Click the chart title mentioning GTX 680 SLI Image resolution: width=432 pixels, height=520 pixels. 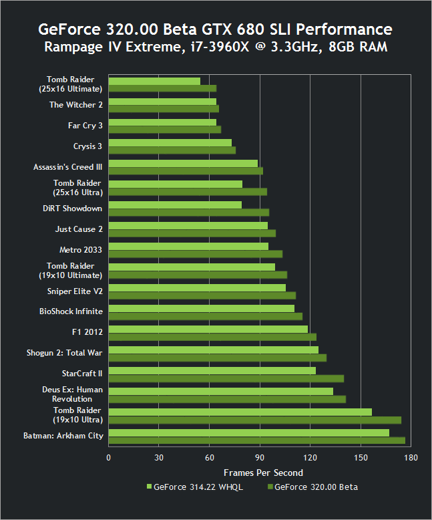(216, 29)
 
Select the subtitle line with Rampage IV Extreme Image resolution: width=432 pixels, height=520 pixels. (216, 47)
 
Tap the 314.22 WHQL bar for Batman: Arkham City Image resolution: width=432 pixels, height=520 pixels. (248, 433)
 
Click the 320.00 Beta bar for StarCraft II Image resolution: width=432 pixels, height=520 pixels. (226, 378)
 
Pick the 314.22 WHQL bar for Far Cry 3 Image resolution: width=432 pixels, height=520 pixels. (162, 122)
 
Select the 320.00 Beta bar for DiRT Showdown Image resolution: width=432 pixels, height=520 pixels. (188, 213)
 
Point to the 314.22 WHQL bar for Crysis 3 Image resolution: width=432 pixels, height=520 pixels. (170, 142)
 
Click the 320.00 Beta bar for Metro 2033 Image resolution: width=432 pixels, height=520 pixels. (195, 254)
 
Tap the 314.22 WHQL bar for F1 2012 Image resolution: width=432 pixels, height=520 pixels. (208, 329)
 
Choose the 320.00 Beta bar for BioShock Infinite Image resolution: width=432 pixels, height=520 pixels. (205, 316)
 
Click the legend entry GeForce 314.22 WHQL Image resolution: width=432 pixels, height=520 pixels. (194, 487)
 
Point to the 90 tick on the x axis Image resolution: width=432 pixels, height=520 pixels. (260, 458)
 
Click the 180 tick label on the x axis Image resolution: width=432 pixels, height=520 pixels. (411, 458)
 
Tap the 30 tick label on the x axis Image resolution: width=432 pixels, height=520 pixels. (159, 458)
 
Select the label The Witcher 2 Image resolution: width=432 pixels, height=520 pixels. (75, 105)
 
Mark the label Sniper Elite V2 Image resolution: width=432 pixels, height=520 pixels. (74, 291)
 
